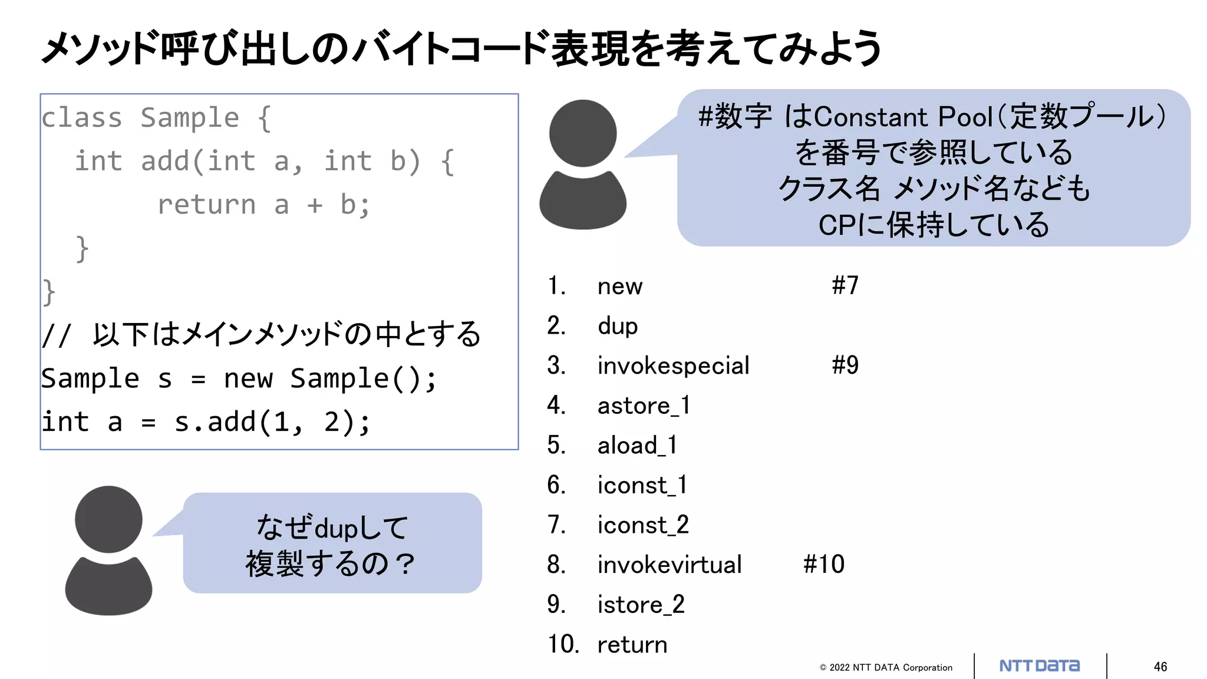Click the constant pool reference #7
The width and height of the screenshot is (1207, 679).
click(845, 285)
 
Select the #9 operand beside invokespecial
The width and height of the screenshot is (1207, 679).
click(845, 365)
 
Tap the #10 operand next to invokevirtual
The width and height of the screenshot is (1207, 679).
click(824, 565)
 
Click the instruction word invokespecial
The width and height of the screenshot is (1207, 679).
click(673, 366)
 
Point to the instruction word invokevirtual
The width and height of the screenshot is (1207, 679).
click(670, 565)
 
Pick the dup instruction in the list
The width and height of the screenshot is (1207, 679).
click(618, 326)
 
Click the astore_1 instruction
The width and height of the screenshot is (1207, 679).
click(644, 406)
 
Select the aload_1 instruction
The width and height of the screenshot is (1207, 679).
click(637, 446)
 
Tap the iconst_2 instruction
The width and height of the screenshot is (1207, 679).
click(643, 525)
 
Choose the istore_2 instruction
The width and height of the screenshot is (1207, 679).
click(641, 605)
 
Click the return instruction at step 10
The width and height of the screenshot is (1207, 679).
click(632, 645)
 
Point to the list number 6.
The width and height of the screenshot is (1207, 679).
click(556, 485)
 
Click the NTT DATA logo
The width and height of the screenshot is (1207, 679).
click(1040, 666)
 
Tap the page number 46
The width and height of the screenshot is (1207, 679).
click(1160, 667)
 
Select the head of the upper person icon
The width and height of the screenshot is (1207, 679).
click(583, 133)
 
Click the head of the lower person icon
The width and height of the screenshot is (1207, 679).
click(108, 519)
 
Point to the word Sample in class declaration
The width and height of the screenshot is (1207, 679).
click(190, 118)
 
